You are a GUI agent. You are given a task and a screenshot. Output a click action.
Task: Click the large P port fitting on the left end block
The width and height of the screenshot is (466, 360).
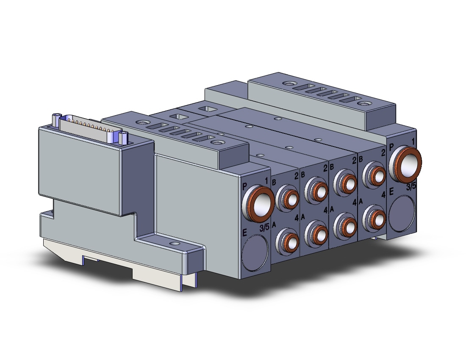click(258, 203)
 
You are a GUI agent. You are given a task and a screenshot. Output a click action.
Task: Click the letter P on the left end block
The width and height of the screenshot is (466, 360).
click(245, 186)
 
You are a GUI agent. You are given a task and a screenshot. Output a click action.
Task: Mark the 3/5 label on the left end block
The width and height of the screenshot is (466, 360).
click(264, 228)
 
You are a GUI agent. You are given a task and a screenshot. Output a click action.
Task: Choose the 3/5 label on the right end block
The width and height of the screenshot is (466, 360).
click(411, 186)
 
